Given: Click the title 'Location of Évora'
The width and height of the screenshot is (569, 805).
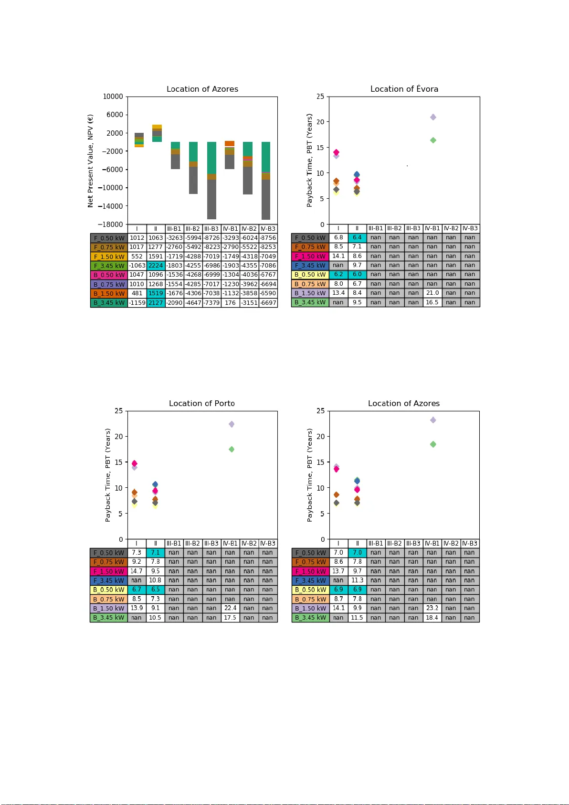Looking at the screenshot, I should tap(404, 89).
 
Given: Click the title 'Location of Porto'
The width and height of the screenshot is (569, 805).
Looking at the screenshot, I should tap(201, 403).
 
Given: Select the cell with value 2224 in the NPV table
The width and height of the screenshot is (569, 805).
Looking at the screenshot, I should tap(156, 266).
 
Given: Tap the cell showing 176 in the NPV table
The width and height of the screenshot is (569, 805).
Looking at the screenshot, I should tap(230, 303).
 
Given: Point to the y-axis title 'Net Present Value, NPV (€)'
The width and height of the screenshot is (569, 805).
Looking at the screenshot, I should tap(90, 161).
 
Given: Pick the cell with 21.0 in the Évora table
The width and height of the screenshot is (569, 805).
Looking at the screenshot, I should tap(432, 293).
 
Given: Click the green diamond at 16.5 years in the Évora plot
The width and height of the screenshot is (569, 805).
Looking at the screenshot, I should tap(433, 140).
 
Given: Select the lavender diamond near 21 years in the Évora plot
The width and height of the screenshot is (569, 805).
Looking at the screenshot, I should tap(433, 117).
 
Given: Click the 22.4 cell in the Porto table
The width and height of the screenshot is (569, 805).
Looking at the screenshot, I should tap(230, 608).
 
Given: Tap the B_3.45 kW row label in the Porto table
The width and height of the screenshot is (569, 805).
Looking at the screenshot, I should tap(108, 618).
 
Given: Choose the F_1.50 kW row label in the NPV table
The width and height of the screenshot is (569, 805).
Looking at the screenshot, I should tap(109, 257).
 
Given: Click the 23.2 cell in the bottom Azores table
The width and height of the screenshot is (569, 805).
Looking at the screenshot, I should tap(432, 608).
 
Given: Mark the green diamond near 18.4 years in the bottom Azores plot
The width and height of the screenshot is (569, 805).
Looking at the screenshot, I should tap(433, 444).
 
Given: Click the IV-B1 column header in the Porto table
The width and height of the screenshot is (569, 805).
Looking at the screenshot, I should tap(230, 543).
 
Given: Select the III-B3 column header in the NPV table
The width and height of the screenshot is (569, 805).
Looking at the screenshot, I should tap(211, 229).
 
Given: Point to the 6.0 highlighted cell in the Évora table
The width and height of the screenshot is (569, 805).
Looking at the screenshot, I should tap(357, 275).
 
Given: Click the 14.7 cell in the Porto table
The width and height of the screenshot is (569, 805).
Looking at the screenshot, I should tap(137, 571).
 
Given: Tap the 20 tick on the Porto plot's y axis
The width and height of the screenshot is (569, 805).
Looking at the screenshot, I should tap(118, 436).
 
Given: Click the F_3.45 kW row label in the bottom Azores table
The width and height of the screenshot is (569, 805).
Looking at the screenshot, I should tap(310, 580).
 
